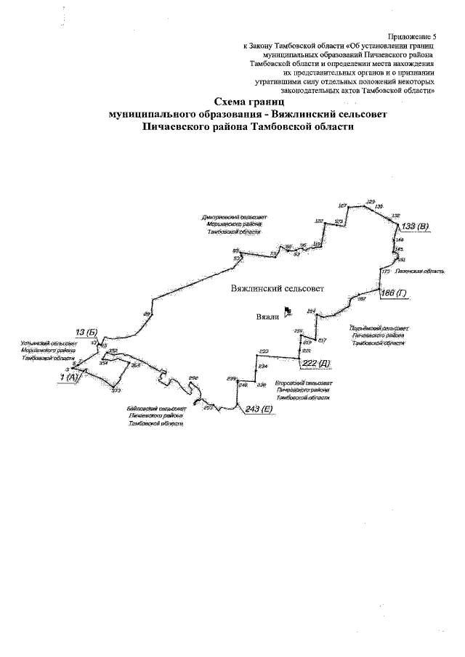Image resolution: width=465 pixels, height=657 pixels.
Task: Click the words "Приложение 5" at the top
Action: pos(413,36)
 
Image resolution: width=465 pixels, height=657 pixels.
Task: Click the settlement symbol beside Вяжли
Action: pos(288,311)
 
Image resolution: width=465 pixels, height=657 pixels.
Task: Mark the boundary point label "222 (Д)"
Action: pos(315,362)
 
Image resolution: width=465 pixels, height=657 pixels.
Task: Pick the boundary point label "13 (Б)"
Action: pos(86,332)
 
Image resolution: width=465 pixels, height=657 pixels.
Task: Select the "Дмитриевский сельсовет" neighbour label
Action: pos(235,217)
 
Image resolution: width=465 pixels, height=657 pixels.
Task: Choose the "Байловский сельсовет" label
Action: pos(156,409)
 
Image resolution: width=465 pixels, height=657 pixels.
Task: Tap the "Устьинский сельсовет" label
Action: pos(49,342)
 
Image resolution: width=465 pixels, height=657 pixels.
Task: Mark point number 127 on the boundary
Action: pos(343,206)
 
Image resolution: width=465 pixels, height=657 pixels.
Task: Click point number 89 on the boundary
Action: pos(147,313)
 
